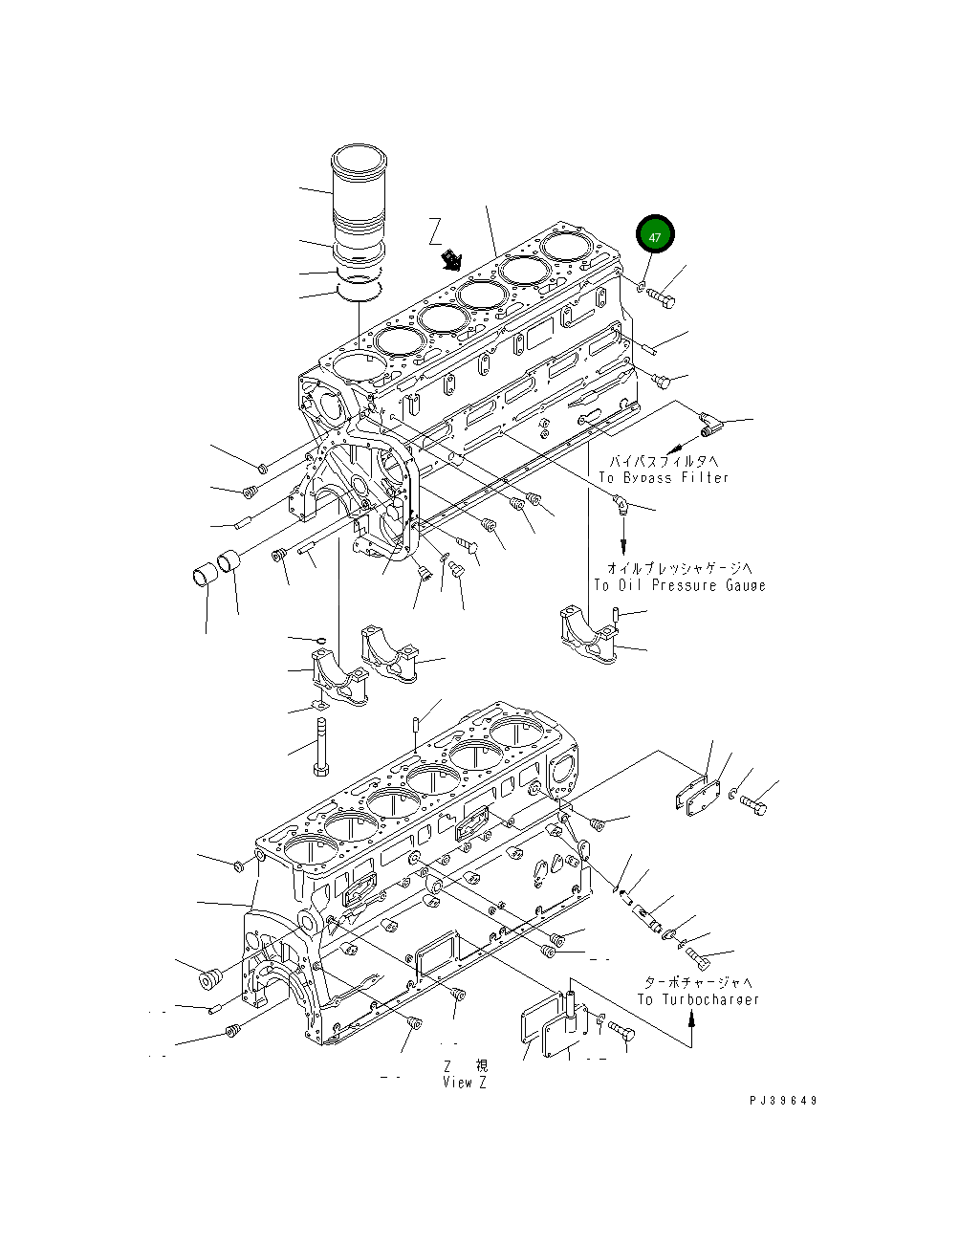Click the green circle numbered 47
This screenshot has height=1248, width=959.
click(x=655, y=235)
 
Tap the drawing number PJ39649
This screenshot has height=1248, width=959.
click(x=783, y=1101)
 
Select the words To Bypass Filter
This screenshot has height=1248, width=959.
click(x=663, y=477)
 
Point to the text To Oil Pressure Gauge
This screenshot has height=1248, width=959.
click(x=679, y=585)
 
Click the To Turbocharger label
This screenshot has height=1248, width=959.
click(x=698, y=999)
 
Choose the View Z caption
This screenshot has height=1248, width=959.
click(x=466, y=1083)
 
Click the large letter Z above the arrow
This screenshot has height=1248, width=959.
click(x=436, y=230)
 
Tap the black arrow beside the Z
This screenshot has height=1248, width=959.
click(x=449, y=260)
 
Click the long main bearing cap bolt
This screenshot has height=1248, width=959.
click(x=320, y=747)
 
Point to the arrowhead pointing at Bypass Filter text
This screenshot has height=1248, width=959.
click(x=669, y=448)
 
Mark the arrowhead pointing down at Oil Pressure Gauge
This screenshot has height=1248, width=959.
click(x=624, y=549)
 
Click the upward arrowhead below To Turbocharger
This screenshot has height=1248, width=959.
click(x=692, y=1019)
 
